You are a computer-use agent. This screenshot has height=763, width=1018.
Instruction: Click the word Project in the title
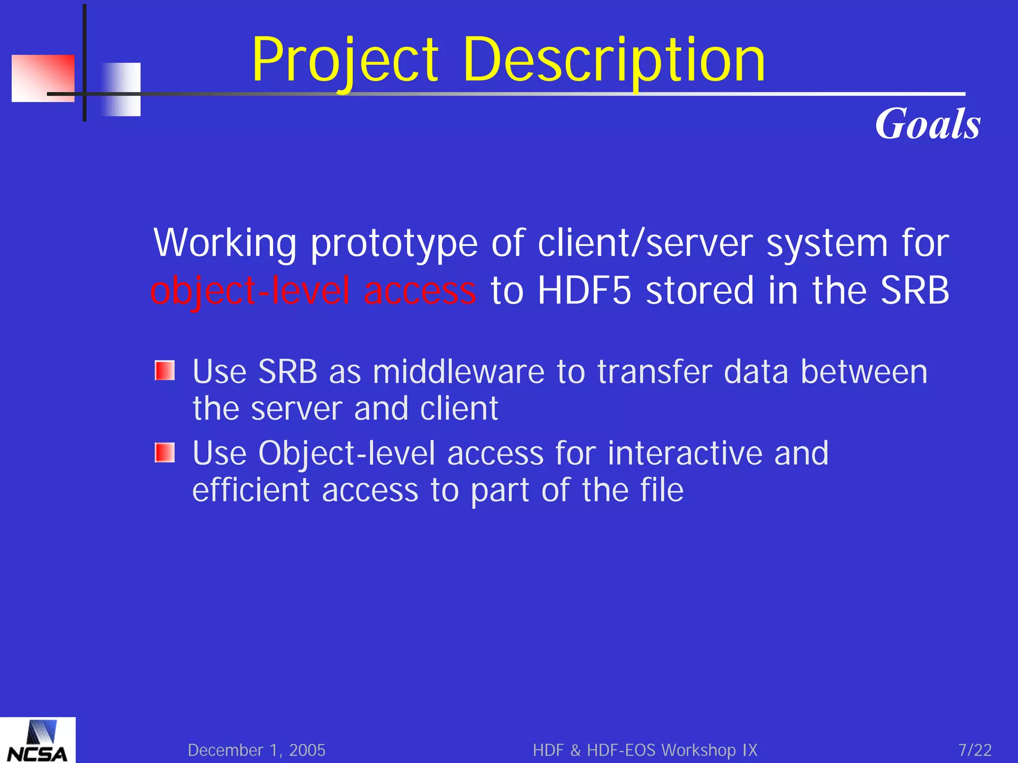(345, 61)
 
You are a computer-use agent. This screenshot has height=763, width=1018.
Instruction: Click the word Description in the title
(614, 61)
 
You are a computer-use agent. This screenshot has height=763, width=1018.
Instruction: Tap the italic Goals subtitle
(928, 124)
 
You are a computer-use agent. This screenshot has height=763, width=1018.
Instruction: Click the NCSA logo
(37, 741)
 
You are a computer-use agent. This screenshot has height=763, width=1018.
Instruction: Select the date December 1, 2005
(256, 750)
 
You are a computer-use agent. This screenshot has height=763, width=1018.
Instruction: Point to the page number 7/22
(975, 750)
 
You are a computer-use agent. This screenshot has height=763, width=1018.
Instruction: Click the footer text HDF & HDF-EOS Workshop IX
(645, 750)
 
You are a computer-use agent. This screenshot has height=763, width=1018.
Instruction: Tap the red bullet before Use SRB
(165, 371)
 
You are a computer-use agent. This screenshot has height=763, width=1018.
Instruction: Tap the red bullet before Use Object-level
(165, 453)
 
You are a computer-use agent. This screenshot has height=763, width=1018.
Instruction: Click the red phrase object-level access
(313, 291)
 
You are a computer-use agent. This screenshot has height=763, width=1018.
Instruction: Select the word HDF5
(584, 291)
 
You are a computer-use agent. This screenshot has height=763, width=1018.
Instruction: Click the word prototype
(394, 244)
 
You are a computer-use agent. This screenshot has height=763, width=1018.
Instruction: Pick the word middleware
(458, 372)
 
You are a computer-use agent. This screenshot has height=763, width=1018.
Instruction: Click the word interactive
(685, 453)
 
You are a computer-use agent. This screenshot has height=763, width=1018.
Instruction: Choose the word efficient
(251, 490)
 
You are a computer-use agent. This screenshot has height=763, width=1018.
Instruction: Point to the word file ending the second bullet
(662, 490)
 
